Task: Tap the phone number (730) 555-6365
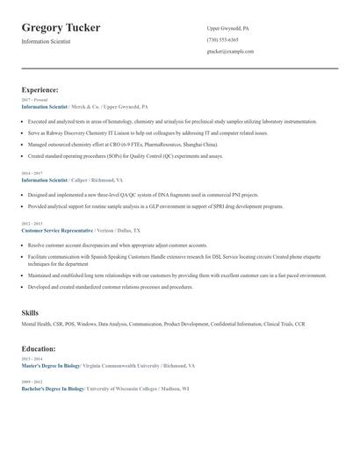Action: click(x=222, y=39)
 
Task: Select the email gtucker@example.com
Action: click(x=230, y=51)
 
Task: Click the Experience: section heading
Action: click(x=40, y=89)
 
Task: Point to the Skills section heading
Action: click(x=30, y=312)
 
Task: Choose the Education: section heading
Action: click(x=40, y=348)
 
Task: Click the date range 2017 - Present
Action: click(x=33, y=99)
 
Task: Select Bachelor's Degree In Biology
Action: click(x=53, y=387)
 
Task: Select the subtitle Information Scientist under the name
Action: click(x=47, y=41)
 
